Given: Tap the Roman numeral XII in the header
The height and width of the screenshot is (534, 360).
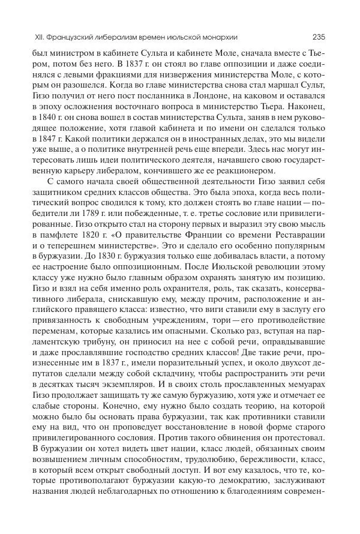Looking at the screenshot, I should [40, 36].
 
